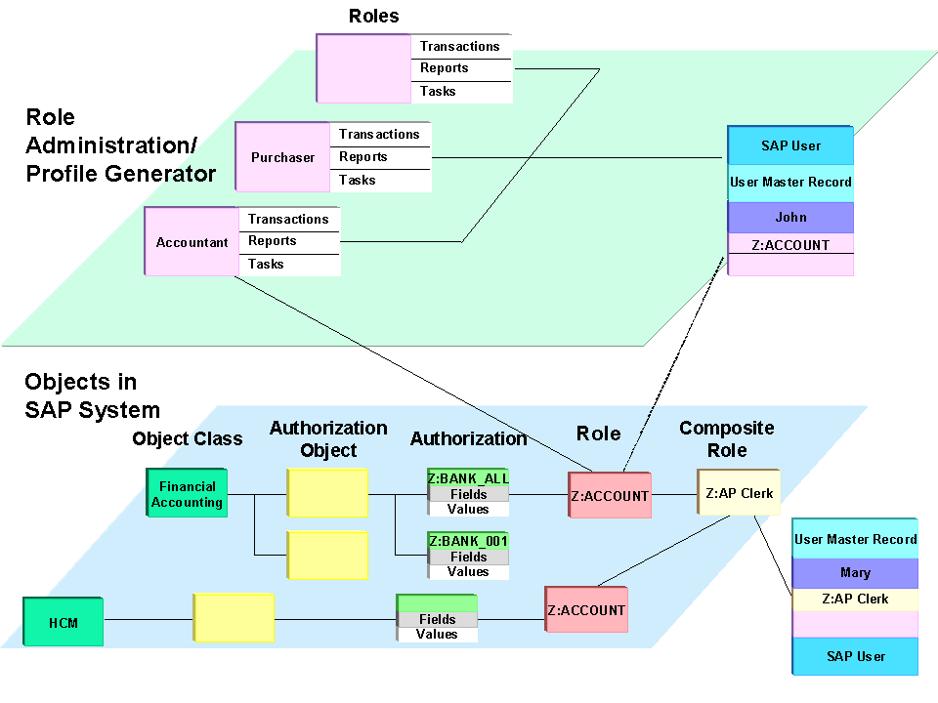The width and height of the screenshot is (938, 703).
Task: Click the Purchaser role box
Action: click(282, 157)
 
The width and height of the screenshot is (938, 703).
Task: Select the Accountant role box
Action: click(192, 242)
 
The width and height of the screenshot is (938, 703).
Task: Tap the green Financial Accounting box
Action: click(187, 494)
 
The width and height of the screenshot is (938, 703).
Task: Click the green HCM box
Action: click(64, 622)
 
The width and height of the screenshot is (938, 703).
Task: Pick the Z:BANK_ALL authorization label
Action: click(468, 478)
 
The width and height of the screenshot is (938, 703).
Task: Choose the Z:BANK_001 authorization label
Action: click(468, 541)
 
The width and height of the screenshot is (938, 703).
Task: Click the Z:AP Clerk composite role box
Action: click(739, 493)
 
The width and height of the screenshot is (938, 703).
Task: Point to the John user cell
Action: click(790, 217)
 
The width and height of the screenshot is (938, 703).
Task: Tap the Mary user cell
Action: click(855, 573)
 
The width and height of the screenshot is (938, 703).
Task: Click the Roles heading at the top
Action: click(374, 16)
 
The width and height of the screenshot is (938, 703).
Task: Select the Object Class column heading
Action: click(188, 439)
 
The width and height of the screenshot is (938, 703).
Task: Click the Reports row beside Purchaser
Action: click(381, 157)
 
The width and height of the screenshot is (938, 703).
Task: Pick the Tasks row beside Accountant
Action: click(289, 265)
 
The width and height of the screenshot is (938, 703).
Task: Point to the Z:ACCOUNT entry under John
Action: click(790, 245)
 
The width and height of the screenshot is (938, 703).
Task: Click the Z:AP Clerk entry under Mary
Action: click(855, 599)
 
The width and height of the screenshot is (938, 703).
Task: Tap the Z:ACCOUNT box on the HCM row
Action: click(586, 610)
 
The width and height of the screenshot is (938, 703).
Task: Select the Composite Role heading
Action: click(727, 439)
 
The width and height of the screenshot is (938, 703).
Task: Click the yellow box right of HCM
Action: click(234, 618)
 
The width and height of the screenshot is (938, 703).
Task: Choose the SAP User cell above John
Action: click(790, 145)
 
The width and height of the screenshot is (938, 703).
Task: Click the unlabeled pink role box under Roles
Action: click(363, 68)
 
